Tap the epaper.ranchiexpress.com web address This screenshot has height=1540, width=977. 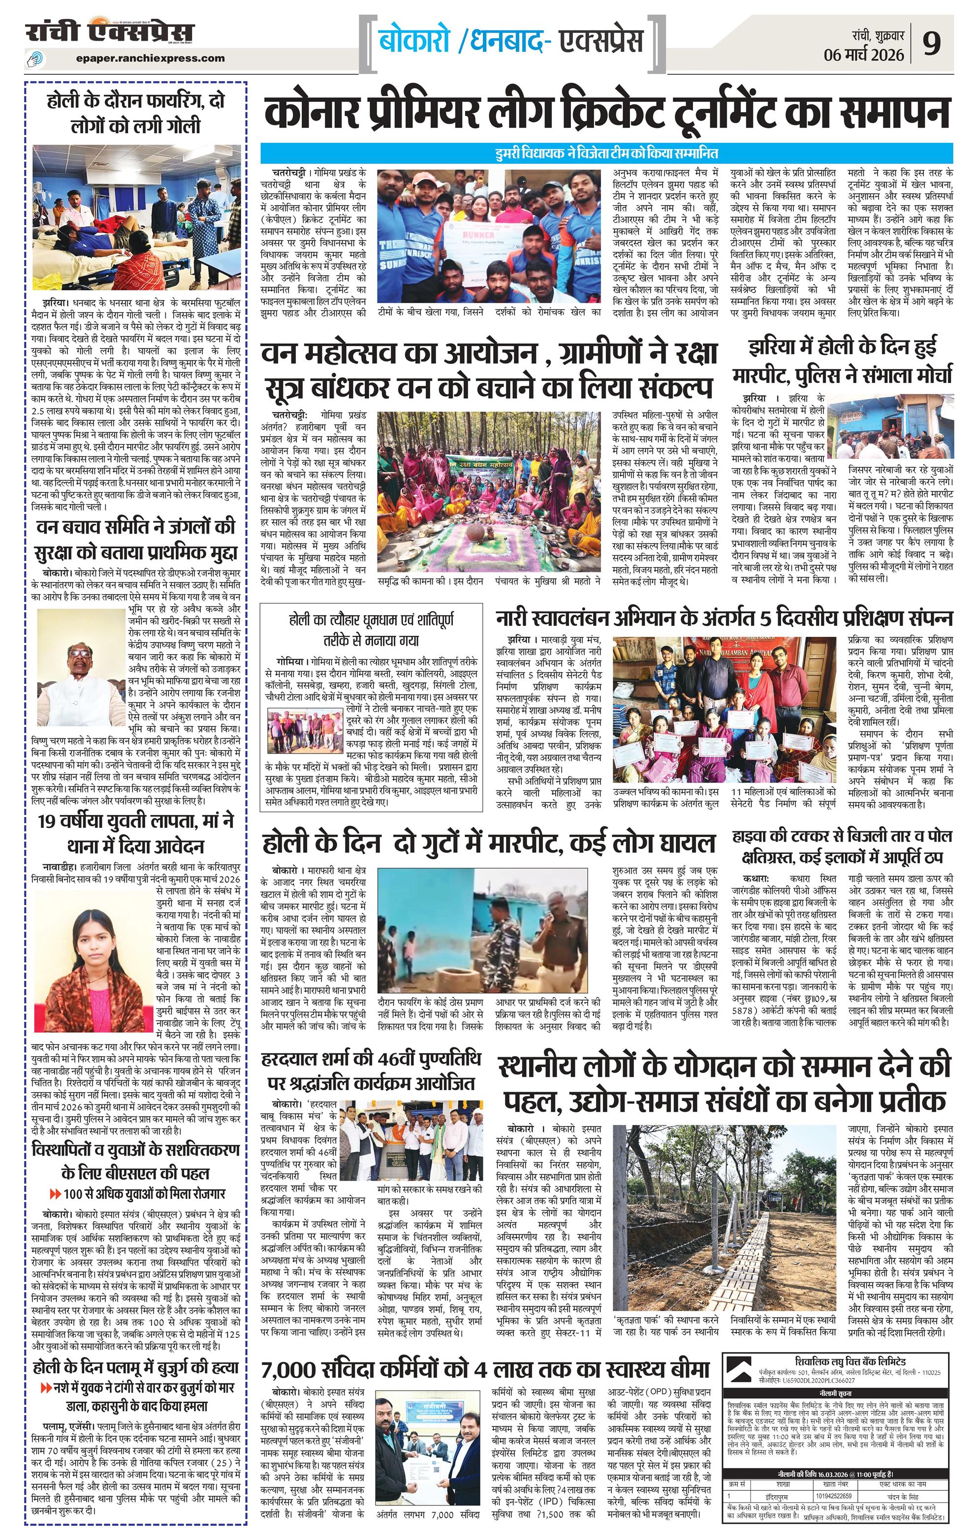(x=150, y=58)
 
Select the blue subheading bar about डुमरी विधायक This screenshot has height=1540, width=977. (x=606, y=154)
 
